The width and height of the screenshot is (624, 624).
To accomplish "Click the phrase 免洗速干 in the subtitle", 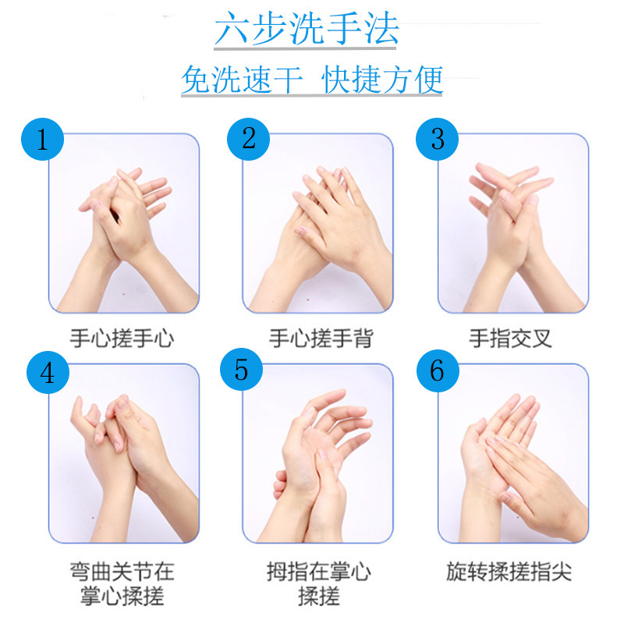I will tap(241, 80).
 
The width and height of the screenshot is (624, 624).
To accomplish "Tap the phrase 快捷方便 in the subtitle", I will tap(383, 80).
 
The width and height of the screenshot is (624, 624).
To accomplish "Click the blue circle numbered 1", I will tap(43, 140).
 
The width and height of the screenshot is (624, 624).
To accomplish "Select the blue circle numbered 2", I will tap(249, 139).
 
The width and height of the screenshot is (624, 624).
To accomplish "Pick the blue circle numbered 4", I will tap(48, 372).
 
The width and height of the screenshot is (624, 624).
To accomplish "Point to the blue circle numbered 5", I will tap(241, 370).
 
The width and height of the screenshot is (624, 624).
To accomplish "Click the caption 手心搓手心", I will tap(122, 339).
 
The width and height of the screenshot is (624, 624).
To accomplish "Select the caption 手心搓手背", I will tap(321, 339).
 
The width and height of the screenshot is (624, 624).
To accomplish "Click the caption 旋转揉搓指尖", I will tap(509, 572).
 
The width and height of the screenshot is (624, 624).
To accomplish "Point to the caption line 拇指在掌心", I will tap(319, 572).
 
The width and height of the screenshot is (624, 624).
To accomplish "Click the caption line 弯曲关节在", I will tap(122, 572).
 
